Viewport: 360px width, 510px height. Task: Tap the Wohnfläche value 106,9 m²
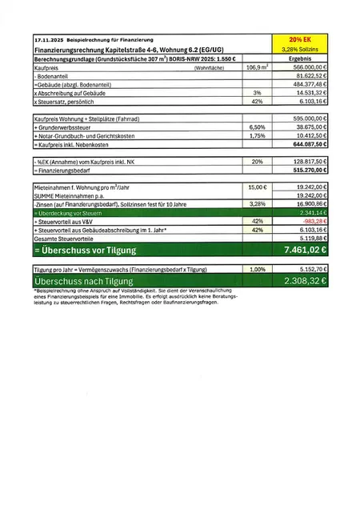[x=258, y=68]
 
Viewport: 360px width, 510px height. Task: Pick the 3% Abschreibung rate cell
[x=257, y=94]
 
